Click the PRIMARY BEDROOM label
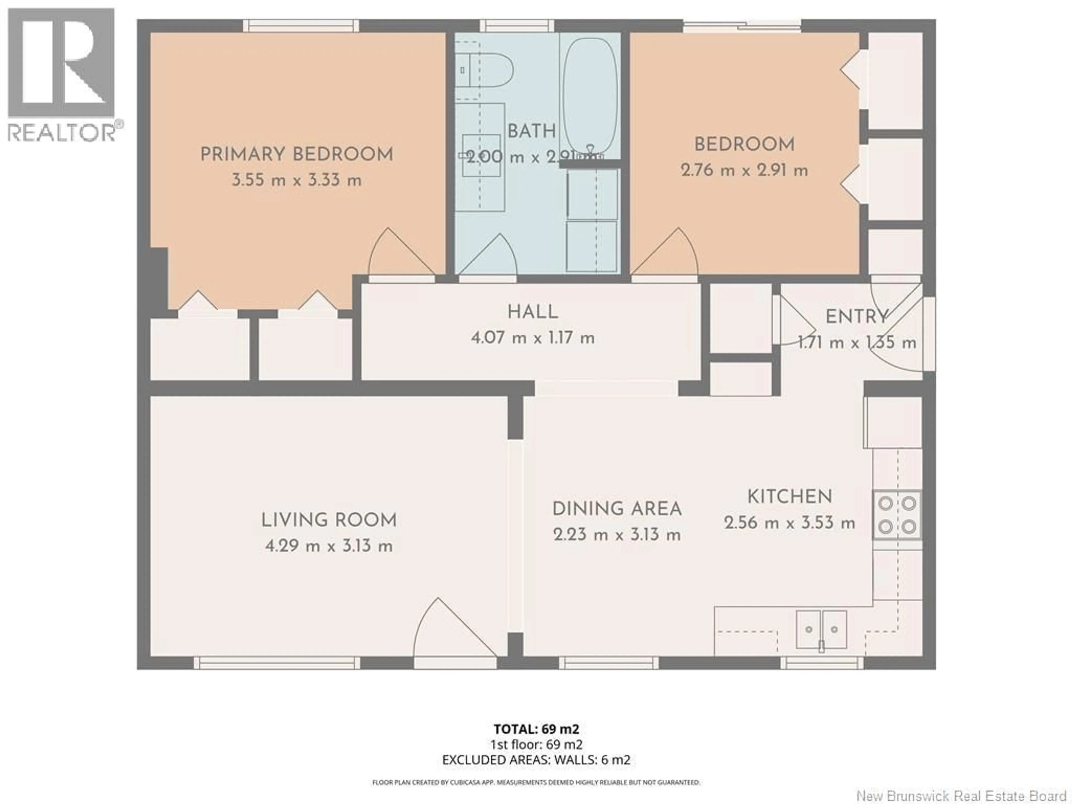click(x=296, y=155)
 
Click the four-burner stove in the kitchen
click(x=897, y=515)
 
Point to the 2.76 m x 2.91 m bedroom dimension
click(x=744, y=171)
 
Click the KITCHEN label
click(x=789, y=497)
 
